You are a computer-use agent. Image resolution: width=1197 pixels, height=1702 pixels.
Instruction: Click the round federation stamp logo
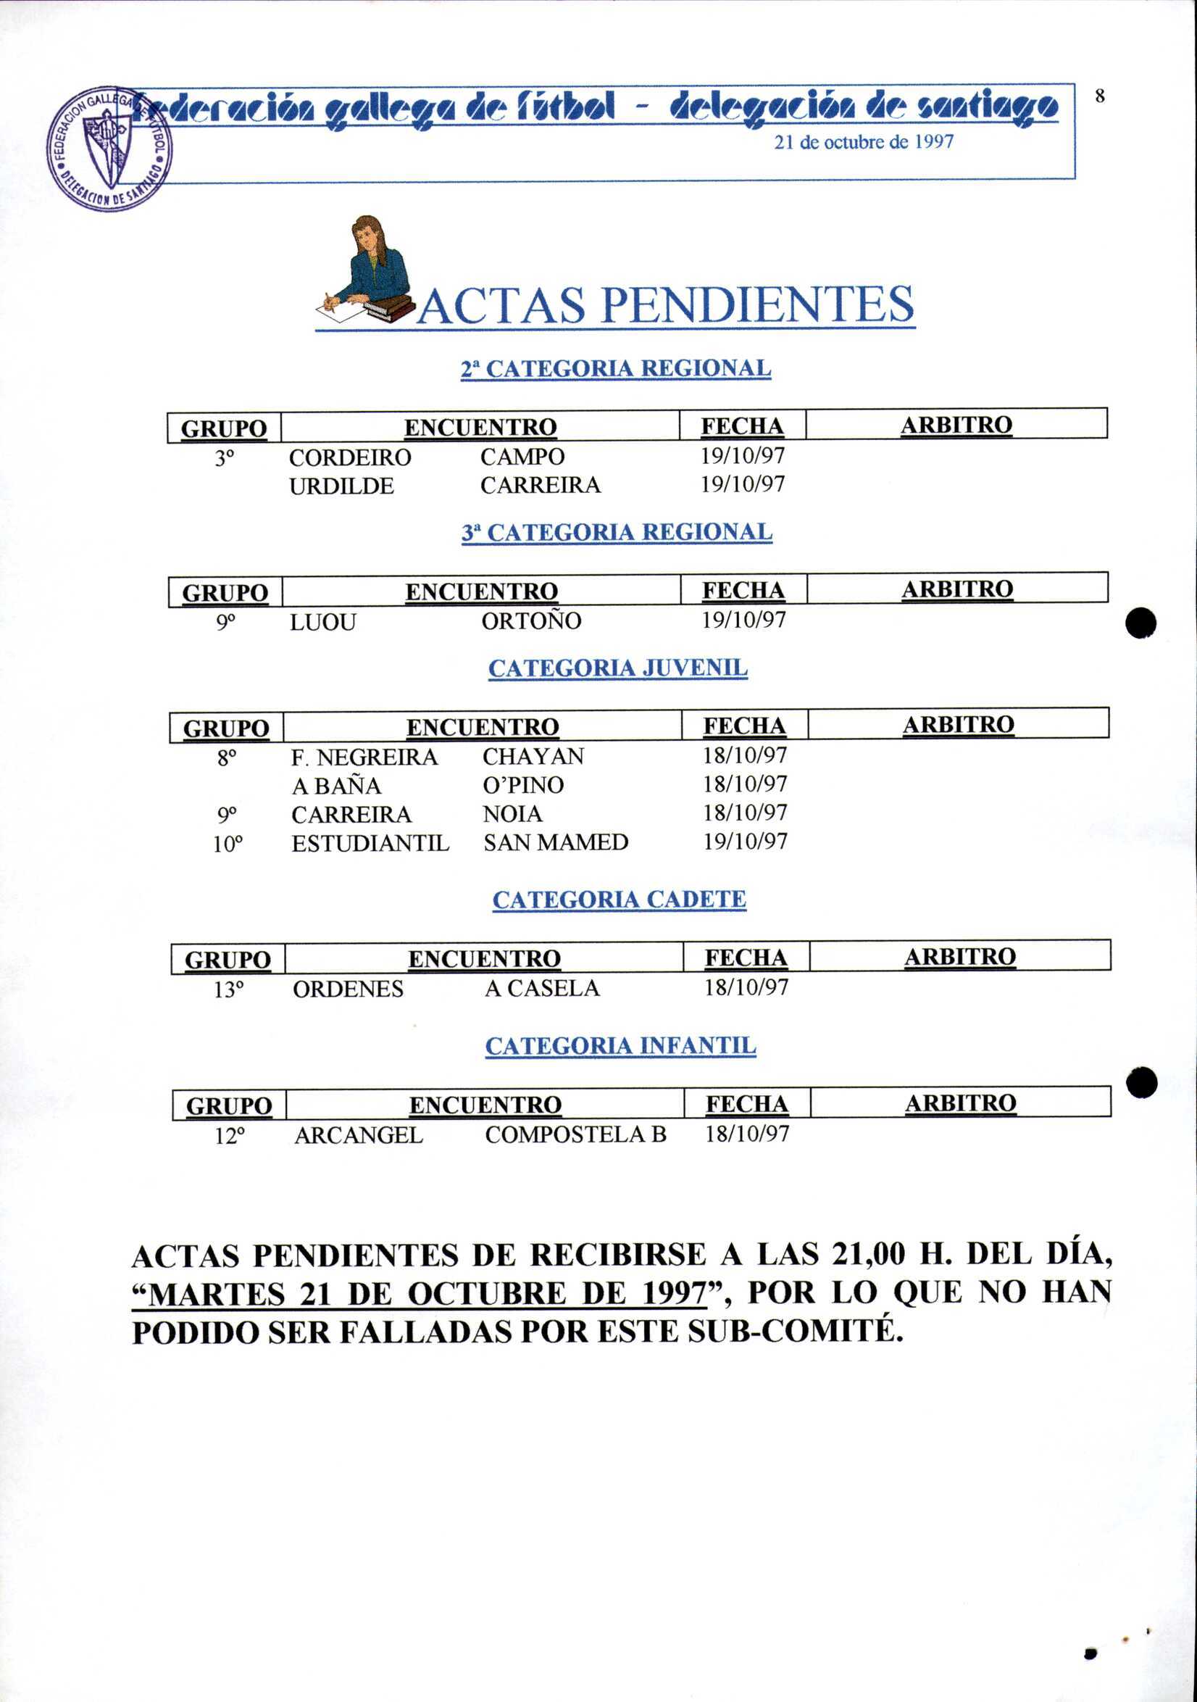click(x=109, y=149)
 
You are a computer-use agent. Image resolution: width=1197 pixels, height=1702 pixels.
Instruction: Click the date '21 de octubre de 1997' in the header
click(x=864, y=141)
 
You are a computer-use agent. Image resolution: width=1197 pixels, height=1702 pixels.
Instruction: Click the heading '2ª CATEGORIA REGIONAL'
click(x=616, y=368)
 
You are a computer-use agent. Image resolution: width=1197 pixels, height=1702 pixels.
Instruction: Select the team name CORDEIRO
click(x=350, y=457)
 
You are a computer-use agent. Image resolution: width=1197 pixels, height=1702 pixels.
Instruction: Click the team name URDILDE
click(x=342, y=486)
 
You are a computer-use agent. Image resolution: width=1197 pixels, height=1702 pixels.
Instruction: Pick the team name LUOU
click(x=323, y=622)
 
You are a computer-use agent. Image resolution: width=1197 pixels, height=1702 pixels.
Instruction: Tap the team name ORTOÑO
click(x=531, y=620)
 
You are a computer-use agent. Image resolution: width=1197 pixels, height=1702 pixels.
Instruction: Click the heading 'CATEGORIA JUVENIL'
click(x=618, y=668)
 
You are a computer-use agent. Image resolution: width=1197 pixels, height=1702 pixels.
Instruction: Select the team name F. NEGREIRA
click(x=364, y=757)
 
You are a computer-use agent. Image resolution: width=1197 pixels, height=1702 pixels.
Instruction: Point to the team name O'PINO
click(x=523, y=785)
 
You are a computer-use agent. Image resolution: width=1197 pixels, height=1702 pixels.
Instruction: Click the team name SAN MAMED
click(x=556, y=842)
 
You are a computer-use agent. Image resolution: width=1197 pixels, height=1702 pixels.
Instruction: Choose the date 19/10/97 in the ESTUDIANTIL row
click(x=745, y=842)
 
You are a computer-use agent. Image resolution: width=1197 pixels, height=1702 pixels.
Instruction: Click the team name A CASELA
click(x=542, y=988)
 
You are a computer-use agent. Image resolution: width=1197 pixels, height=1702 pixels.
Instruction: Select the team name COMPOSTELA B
click(x=576, y=1135)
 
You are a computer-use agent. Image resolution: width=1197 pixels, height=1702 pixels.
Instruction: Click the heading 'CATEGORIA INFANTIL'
click(x=620, y=1046)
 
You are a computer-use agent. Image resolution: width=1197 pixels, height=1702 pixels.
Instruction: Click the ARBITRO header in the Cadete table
click(x=960, y=956)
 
